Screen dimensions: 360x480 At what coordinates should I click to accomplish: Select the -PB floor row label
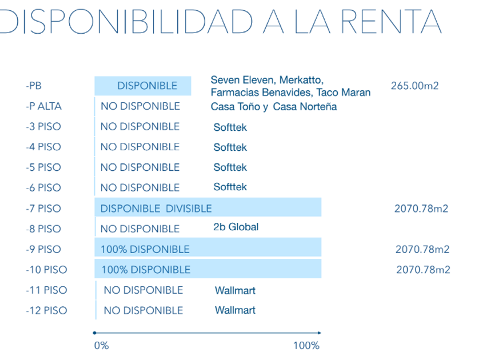[x=34, y=86]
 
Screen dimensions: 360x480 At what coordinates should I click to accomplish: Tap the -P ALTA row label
[x=43, y=106]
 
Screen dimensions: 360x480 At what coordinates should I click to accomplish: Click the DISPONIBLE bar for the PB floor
[x=143, y=86]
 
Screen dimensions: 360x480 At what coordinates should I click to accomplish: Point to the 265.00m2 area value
[x=415, y=86]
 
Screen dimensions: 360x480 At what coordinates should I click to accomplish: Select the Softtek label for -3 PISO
[x=230, y=127]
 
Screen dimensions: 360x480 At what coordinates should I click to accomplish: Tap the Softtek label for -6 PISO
[x=230, y=187]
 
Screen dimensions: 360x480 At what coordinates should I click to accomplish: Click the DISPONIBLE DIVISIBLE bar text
[x=156, y=209]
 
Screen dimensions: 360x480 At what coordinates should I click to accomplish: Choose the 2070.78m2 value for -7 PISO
[x=421, y=209]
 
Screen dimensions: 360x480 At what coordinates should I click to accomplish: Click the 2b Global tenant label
[x=235, y=227]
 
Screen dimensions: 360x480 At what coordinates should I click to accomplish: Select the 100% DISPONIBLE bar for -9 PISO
[x=145, y=249]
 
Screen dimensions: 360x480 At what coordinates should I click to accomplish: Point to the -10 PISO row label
[x=46, y=270]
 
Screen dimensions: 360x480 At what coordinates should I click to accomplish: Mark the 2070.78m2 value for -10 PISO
[x=423, y=270]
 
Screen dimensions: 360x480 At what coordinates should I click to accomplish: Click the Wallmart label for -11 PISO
[x=235, y=290]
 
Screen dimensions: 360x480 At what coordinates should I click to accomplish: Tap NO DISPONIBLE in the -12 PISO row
[x=143, y=310]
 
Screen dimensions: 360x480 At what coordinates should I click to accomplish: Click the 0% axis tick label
[x=101, y=345]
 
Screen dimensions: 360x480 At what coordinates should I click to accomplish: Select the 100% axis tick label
[x=306, y=345]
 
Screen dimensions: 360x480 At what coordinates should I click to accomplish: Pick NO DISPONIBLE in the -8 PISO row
[x=140, y=229]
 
